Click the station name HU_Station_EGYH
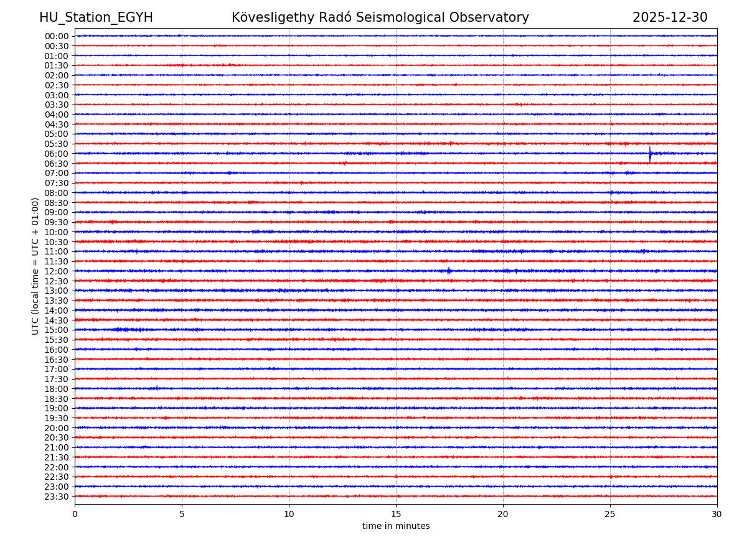(96, 17)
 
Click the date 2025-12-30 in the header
(670, 17)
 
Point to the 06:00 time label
(57, 154)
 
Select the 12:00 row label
(57, 271)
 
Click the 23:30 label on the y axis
(57, 497)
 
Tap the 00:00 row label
(57, 36)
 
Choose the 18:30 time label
(57, 399)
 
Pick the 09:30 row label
(57, 222)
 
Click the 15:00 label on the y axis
(57, 330)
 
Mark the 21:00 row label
(57, 447)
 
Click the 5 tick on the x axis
(182, 515)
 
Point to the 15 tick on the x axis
(396, 515)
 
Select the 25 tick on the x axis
(610, 515)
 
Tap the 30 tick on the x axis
(717, 515)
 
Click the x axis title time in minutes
(396, 526)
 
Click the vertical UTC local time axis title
(35, 266)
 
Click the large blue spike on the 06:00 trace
(650, 153)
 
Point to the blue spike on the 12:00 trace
(448, 271)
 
